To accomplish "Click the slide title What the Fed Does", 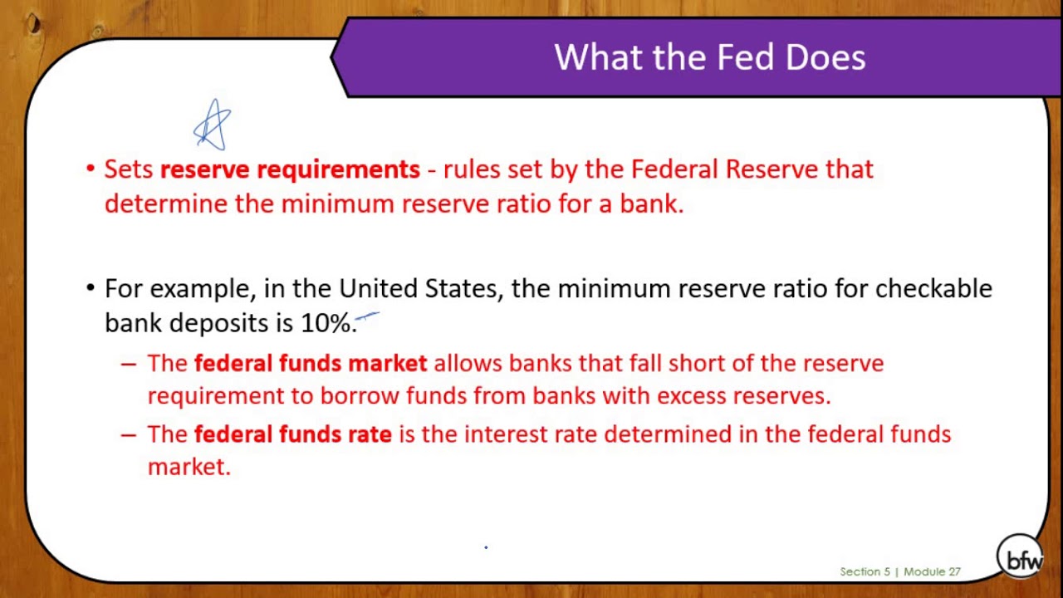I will [709, 57].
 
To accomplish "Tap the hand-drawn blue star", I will [213, 125].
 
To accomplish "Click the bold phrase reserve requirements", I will [290, 169].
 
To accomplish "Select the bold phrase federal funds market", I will [311, 364].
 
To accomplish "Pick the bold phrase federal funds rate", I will [292, 434].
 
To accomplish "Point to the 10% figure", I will [326, 323].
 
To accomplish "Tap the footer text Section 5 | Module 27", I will [899, 571].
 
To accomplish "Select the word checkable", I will [933, 289].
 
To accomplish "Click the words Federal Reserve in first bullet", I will [724, 169].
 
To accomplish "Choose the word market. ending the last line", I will [189, 468].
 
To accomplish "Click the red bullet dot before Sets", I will [91, 169].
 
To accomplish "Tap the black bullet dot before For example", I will [91, 288].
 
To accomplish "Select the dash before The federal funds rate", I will [128, 434].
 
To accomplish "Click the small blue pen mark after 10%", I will [368, 316].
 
